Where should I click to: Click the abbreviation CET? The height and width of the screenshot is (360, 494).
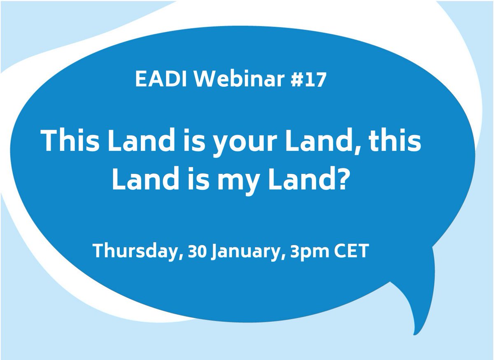click(x=350, y=251)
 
